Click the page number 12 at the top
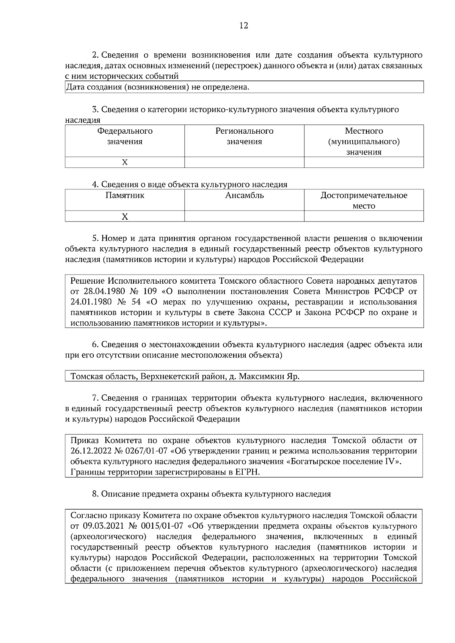pos(244,26)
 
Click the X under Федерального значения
pos(125,162)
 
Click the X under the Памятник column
pos(125,217)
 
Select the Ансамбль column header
pos(244,196)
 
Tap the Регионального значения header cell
pos(244,136)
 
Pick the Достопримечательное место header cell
pos(364,200)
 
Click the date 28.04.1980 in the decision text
pos(103,292)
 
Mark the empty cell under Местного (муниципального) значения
pos(364,162)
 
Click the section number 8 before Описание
pos(94,494)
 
